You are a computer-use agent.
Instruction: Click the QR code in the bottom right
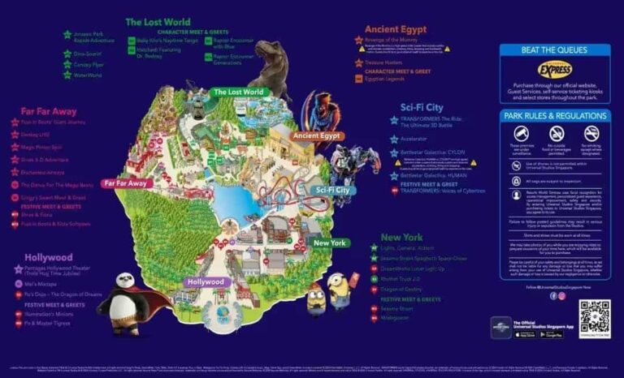coord(594,319)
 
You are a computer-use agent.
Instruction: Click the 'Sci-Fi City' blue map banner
coord(331,190)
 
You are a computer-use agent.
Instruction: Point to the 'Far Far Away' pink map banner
coord(126,183)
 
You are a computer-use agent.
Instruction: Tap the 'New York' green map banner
coord(330,243)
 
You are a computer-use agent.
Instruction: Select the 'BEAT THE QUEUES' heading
coord(556,50)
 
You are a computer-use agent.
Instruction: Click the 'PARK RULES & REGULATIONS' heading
coord(555,115)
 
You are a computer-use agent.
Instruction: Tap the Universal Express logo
coord(556,70)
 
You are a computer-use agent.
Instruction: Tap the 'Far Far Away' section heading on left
coord(48,110)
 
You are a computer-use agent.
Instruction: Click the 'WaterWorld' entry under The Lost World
coord(89,75)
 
